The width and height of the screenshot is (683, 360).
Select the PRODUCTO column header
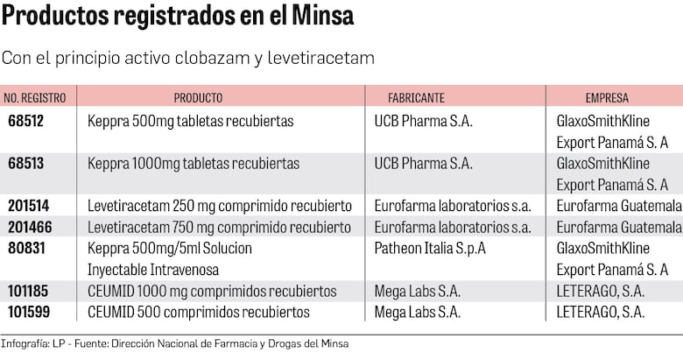point(198,98)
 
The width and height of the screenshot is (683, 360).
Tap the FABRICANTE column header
point(417,98)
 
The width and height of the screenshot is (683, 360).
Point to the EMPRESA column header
point(607,98)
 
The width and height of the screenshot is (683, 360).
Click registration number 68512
point(26,122)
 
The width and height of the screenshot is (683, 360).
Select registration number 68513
point(26,164)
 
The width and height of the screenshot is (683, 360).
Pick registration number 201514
point(29,206)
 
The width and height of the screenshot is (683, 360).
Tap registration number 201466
point(29,227)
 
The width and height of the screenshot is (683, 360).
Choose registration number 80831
point(26,248)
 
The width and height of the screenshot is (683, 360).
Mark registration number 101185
point(29,291)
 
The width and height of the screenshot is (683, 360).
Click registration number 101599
point(29,312)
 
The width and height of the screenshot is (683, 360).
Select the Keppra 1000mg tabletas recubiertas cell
point(194,164)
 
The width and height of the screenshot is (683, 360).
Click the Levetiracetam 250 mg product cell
point(220,206)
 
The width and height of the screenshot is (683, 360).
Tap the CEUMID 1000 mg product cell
point(212,291)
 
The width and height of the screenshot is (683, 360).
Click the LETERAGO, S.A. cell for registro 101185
point(601,291)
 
